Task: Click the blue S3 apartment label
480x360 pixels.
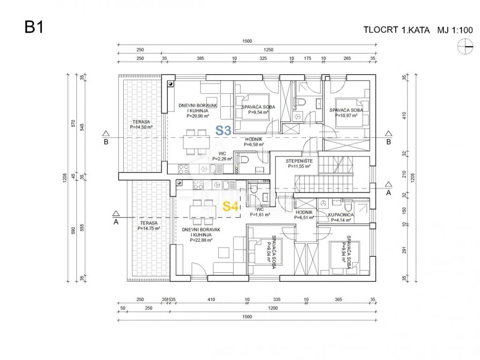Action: pyautogui.click(x=223, y=131)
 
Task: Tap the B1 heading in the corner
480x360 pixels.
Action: pyautogui.click(x=34, y=27)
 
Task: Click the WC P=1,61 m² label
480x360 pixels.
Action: pyautogui.click(x=262, y=212)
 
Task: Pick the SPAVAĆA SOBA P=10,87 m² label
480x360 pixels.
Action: pyautogui.click(x=346, y=113)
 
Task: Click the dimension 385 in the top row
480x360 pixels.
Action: pyautogui.click(x=200, y=59)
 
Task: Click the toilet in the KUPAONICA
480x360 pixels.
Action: pyautogui.click(x=348, y=206)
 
